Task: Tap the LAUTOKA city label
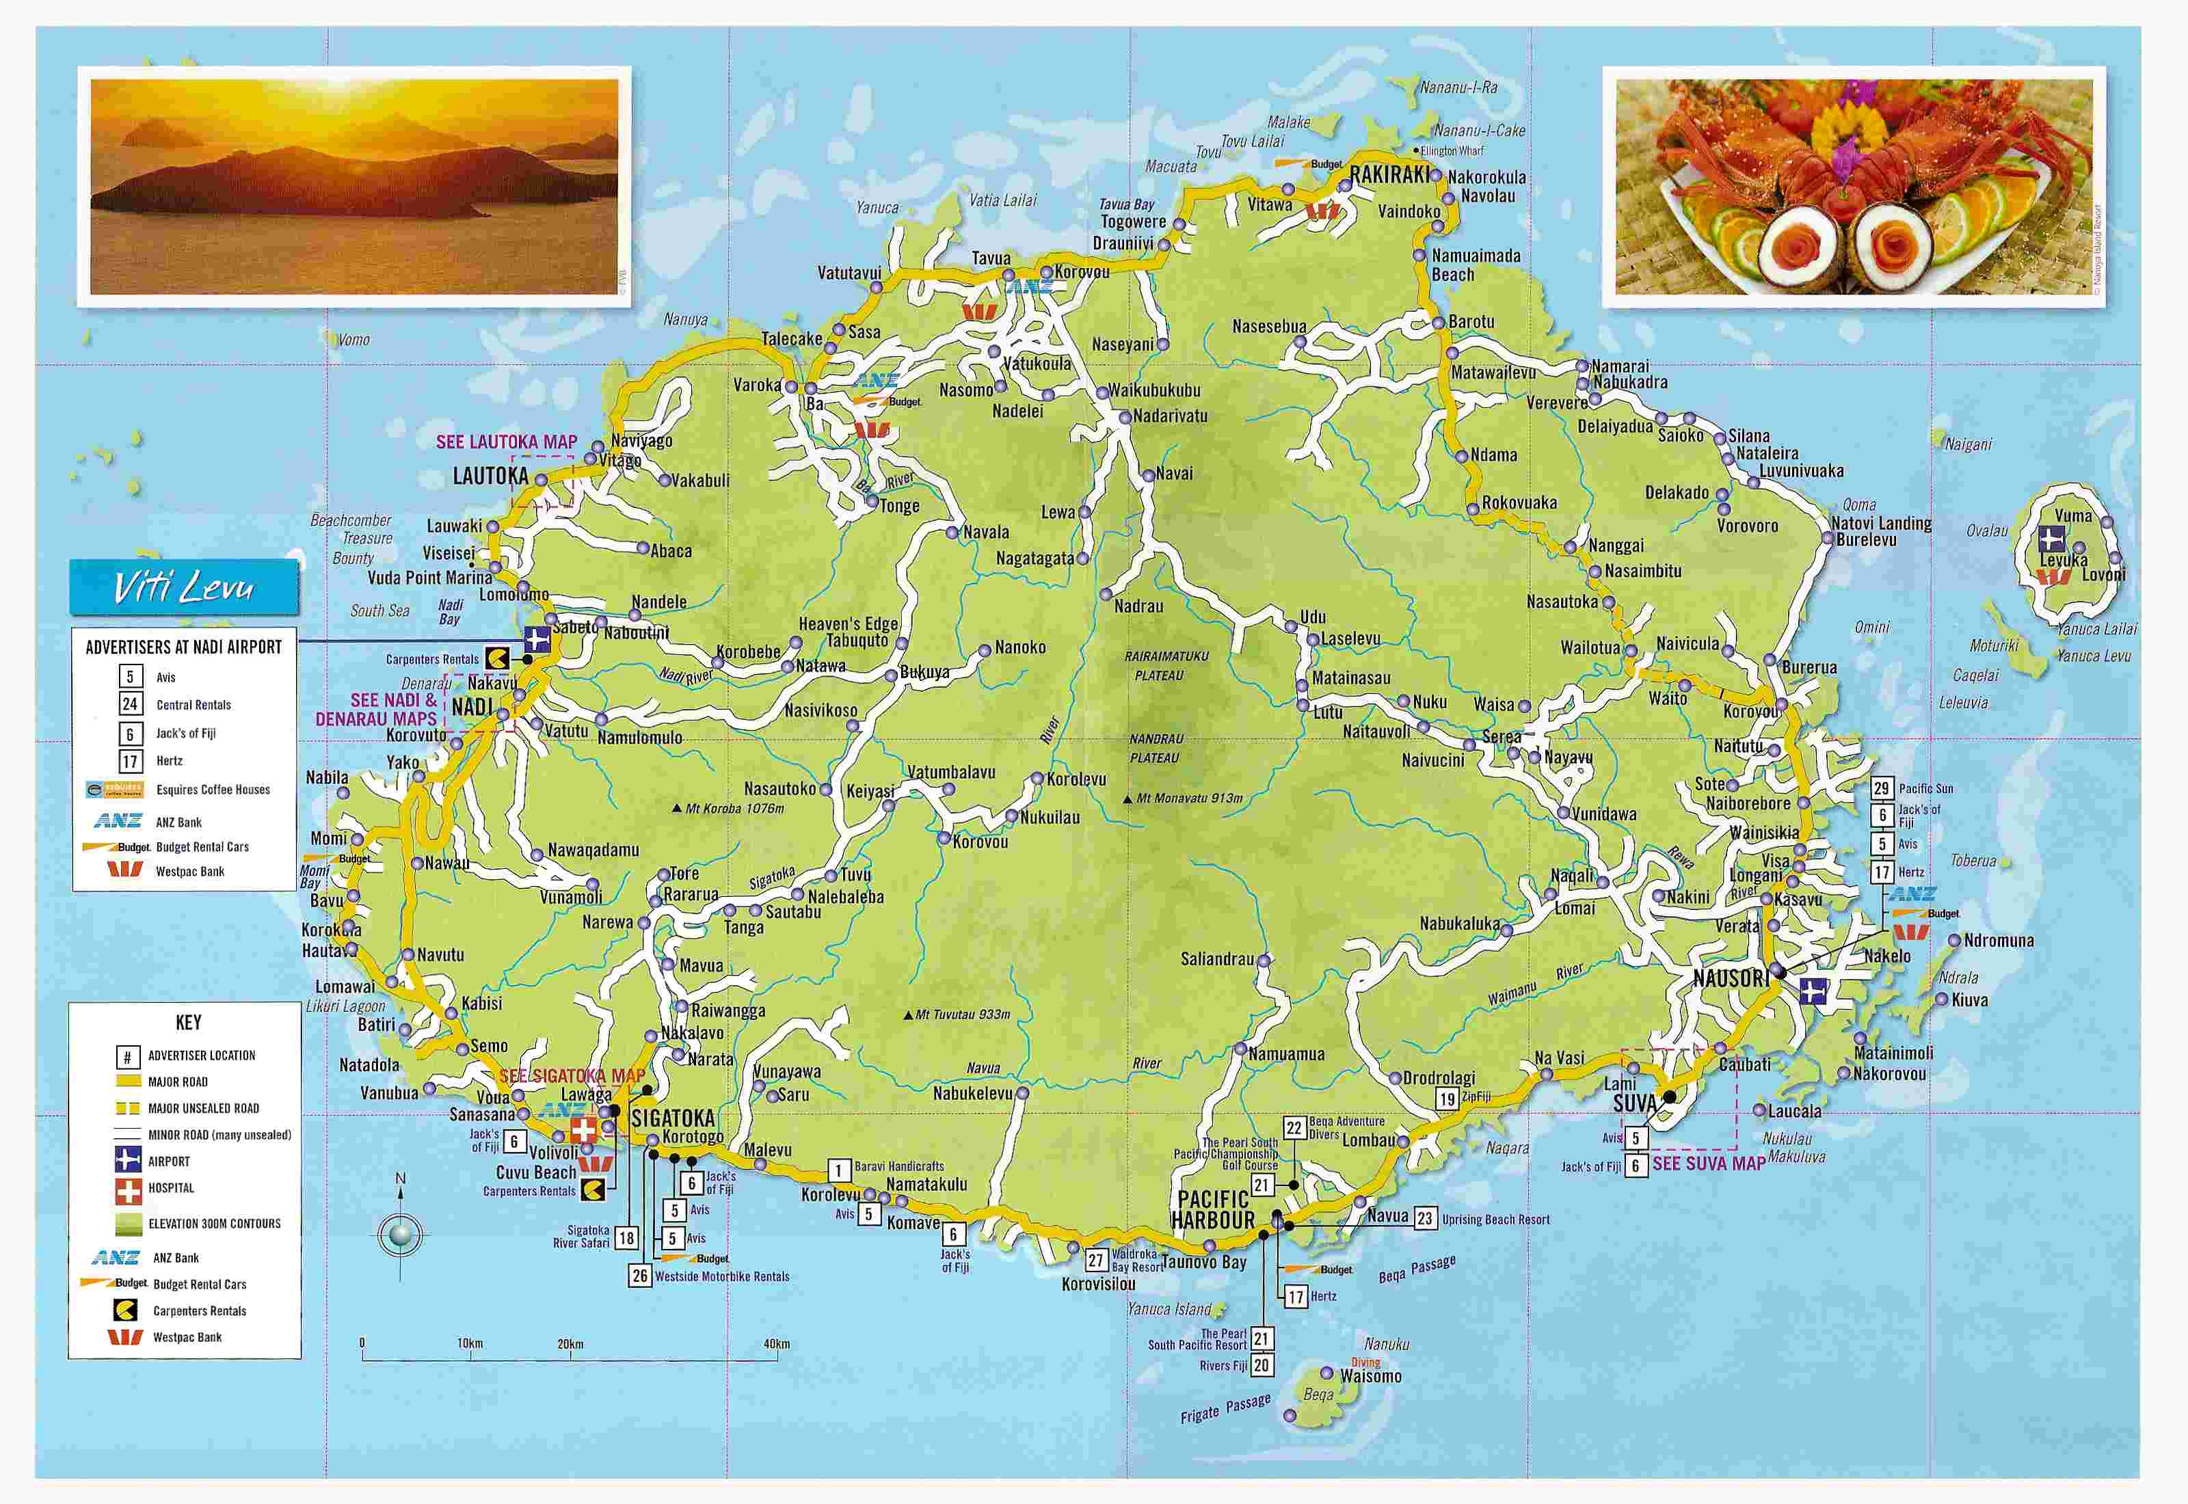490,476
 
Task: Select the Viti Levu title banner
184,588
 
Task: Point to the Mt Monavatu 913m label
1189,798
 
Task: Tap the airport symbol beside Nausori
1812,991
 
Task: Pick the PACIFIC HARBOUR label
1213,1210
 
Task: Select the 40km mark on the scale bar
777,1344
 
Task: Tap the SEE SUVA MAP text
1709,1164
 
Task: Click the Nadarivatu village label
1169,416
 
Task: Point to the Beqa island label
1318,1394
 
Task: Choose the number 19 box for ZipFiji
1446,1097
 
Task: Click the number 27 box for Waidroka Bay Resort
1095,1259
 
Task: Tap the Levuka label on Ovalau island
2064,560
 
